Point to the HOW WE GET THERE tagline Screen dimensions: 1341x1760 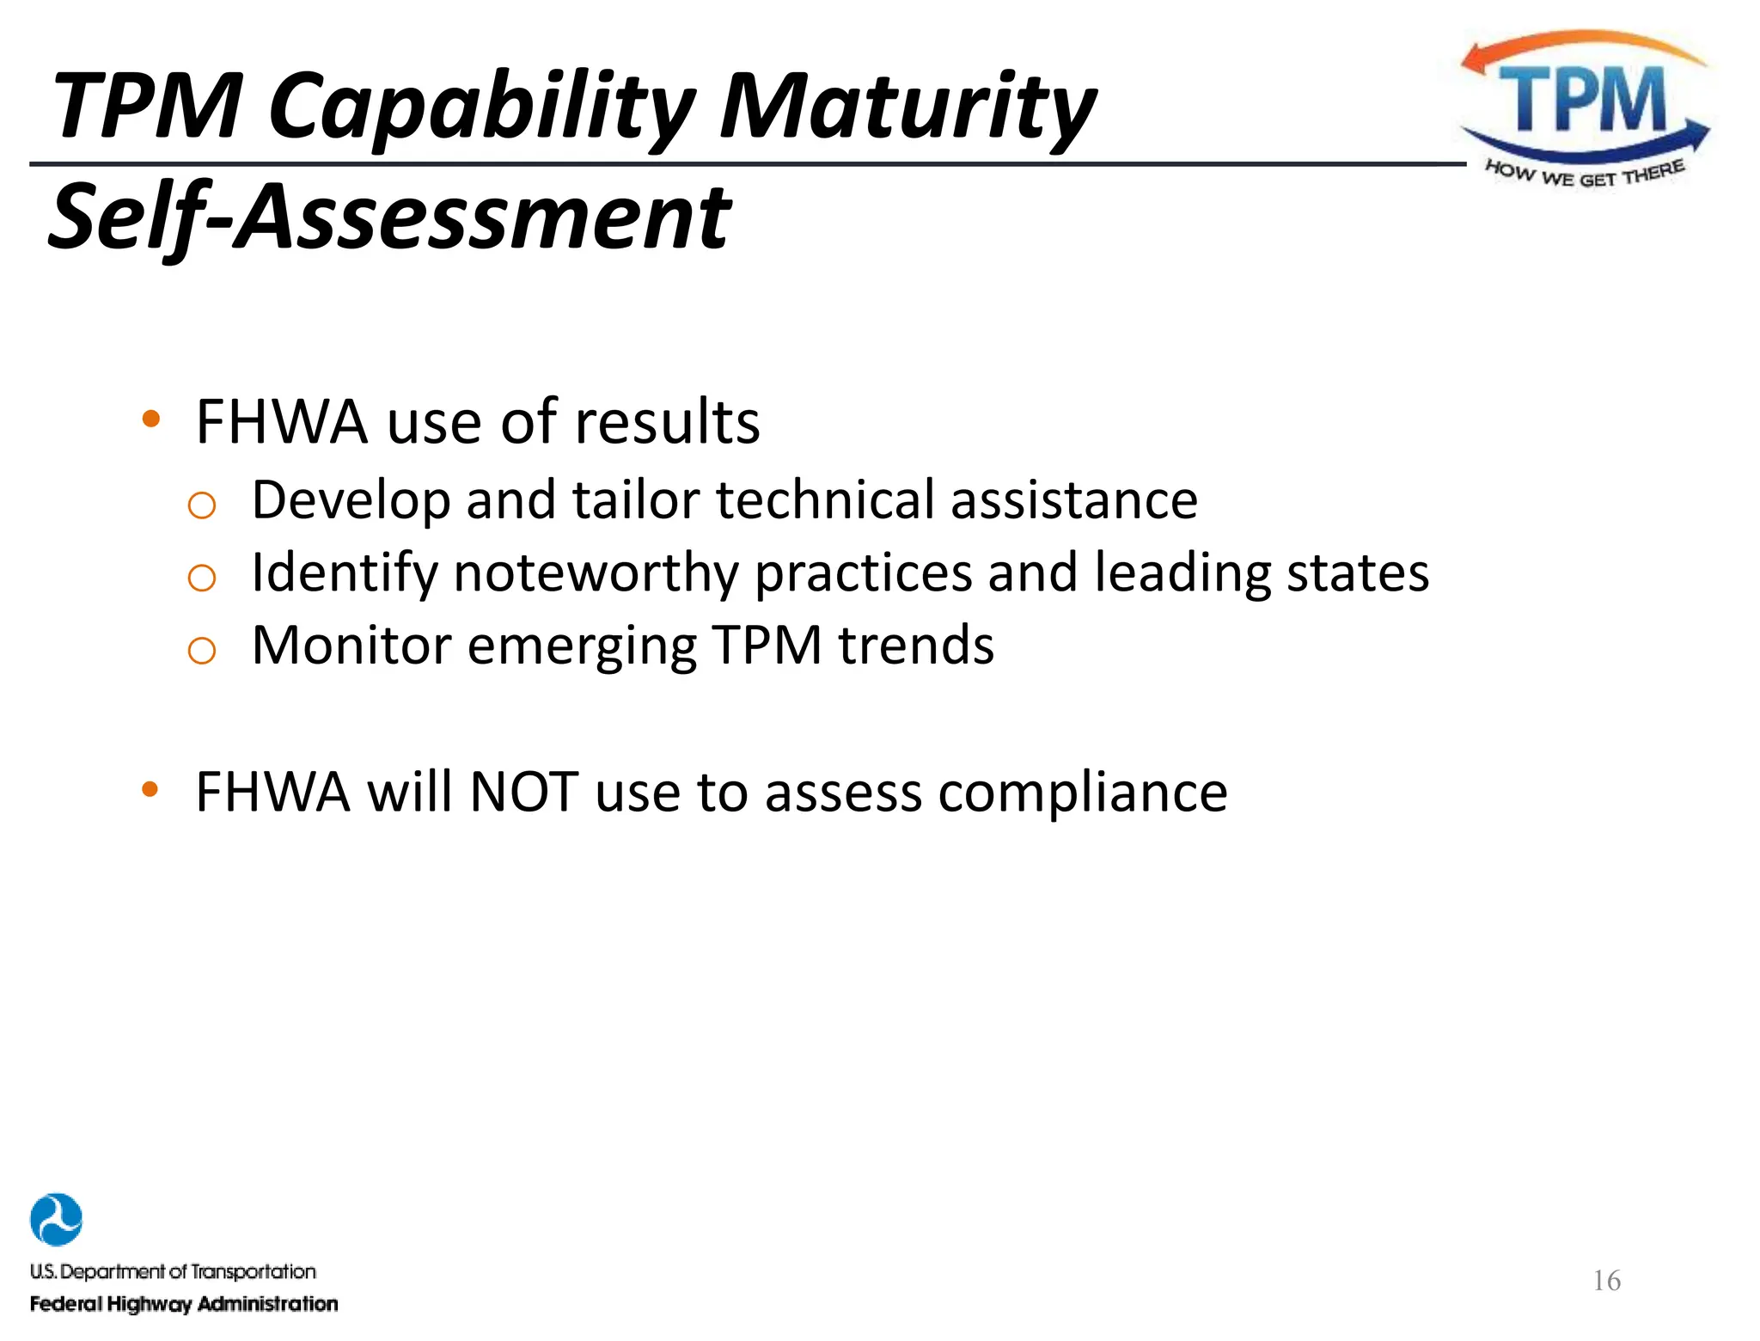(x=1585, y=174)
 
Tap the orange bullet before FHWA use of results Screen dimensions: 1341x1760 (x=151, y=419)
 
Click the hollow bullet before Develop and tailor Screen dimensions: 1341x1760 (x=201, y=505)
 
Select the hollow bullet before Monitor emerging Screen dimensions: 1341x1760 (x=201, y=651)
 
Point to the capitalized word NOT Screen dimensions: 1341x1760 (x=523, y=792)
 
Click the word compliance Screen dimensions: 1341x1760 (x=1083, y=792)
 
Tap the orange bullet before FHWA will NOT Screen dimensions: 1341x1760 (x=151, y=789)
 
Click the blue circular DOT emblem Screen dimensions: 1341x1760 (x=56, y=1219)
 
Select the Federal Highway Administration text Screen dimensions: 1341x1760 (x=184, y=1304)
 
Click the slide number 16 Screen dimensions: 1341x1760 (x=1606, y=1281)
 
